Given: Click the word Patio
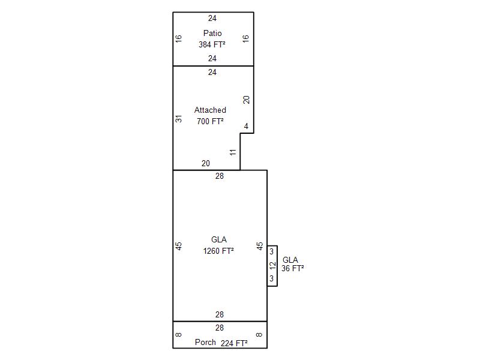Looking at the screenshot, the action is [212, 33].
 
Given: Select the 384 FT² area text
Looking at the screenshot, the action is [212, 44].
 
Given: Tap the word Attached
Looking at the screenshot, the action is [211, 110].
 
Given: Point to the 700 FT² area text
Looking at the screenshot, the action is [211, 121].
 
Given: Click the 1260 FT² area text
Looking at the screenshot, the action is [218, 251].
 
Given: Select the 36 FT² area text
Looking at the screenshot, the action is [293, 268].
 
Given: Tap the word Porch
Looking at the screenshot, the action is [205, 342].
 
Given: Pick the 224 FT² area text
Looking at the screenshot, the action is [234, 343].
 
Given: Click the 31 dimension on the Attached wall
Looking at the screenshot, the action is [178, 119].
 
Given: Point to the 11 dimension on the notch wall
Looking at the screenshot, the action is [233, 152].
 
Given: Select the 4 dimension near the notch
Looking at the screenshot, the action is [246, 126].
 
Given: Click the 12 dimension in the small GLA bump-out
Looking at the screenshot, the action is [272, 265].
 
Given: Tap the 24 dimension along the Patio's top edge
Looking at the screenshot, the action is [212, 18].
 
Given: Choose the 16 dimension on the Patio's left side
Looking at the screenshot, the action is [178, 38].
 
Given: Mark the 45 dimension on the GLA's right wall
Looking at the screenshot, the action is [260, 246].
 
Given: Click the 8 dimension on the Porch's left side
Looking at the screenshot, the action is [178, 335].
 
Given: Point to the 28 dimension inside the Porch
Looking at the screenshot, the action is [220, 328].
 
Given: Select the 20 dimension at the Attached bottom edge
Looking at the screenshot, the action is [206, 163].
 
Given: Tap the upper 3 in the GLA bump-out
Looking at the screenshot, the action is [272, 251].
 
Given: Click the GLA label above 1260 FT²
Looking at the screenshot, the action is [219, 239].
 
